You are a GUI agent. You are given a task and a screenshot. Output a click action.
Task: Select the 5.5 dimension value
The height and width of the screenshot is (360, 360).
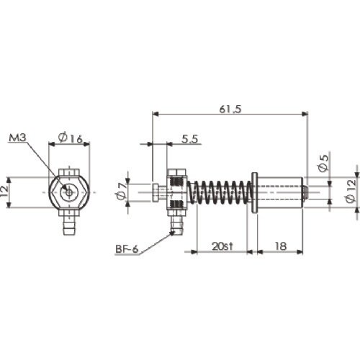pos(189,139)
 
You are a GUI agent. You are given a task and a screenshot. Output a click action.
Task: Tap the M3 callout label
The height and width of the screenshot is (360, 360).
pos(17,138)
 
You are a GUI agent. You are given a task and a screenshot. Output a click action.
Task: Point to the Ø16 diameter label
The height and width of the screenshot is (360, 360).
pos(71,138)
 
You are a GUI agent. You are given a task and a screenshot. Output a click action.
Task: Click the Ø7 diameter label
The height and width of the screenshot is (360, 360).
pos(122,190)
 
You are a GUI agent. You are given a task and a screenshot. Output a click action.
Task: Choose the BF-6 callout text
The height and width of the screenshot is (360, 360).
pos(127,249)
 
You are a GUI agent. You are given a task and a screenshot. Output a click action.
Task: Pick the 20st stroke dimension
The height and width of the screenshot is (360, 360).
pos(222,246)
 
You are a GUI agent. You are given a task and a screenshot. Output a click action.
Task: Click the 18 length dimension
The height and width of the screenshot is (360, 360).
pos(280,246)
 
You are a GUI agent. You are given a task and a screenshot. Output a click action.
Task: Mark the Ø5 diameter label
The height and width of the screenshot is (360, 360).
pos(323,163)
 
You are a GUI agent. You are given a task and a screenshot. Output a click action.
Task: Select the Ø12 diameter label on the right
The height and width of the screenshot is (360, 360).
pos(351,192)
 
